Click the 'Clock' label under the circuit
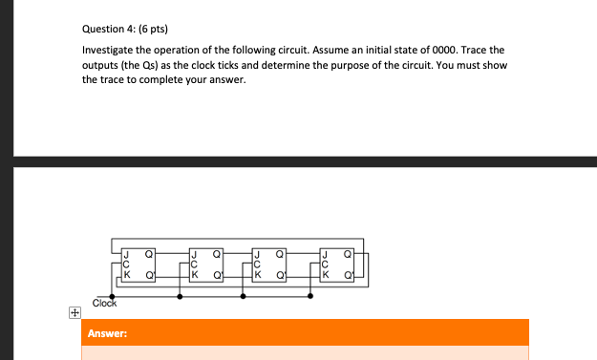click(104, 304)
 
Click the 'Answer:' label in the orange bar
click(108, 334)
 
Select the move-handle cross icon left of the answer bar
click(73, 312)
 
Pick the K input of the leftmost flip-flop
click(124, 275)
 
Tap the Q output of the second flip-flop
click(216, 255)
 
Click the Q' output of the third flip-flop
click(281, 275)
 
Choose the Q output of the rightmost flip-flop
click(346, 255)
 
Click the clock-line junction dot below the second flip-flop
click(180, 296)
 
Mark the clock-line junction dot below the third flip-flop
click(244, 296)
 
